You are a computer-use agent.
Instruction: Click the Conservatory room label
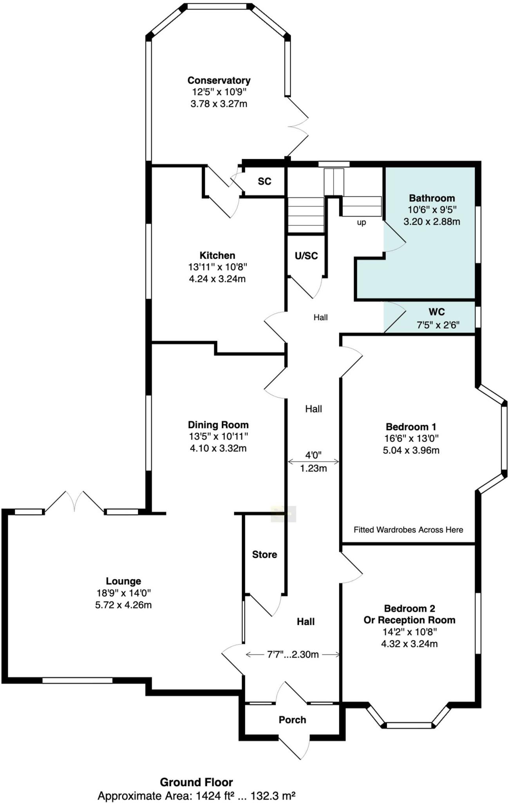tap(219, 80)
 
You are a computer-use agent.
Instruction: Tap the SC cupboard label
tap(264, 182)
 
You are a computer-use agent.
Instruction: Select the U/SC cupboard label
tap(306, 256)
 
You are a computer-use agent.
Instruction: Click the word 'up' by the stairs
tap(361, 222)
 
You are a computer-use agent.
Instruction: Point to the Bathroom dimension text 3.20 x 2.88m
tap(432, 222)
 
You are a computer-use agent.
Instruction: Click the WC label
tap(437, 312)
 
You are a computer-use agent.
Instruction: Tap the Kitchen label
tap(217, 256)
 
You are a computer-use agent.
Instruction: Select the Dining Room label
tap(218, 425)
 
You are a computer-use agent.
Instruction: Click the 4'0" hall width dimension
tap(313, 455)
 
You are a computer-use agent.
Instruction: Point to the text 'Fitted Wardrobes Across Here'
tap(408, 530)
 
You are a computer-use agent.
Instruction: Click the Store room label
tap(264, 554)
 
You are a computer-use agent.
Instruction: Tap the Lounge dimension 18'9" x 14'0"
tap(123, 593)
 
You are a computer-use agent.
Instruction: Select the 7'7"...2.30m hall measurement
tap(293, 654)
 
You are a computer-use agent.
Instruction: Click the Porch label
tap(292, 720)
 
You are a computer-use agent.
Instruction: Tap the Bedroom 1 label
tap(411, 427)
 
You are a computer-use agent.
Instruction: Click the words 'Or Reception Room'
tap(409, 620)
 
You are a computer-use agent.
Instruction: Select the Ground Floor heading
tap(196, 782)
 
